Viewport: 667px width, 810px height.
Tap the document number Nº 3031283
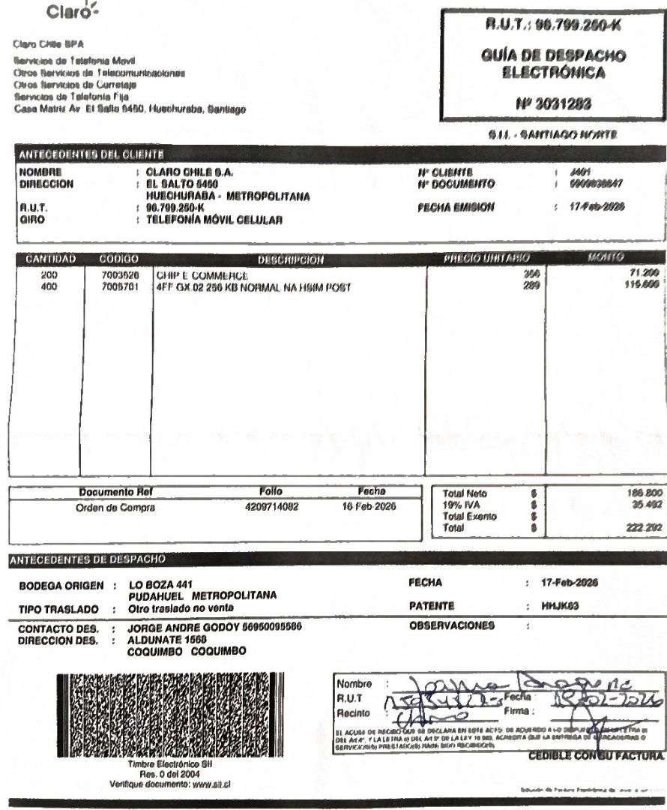tap(555, 105)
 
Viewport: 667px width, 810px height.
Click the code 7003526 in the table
tap(119, 275)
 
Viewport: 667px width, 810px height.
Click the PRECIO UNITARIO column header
tap(486, 259)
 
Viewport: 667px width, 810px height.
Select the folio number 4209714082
tap(271, 506)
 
